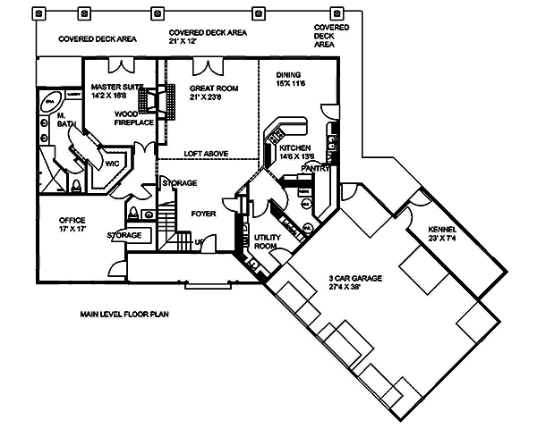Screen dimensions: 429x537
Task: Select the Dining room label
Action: pyautogui.click(x=288, y=75)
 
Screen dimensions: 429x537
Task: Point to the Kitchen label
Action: pyautogui.click(x=294, y=147)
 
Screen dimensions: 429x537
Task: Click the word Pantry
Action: pyautogui.click(x=317, y=167)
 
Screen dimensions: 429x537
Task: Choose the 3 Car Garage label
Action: pyautogui.click(x=355, y=279)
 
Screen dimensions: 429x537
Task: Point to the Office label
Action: pyautogui.click(x=72, y=220)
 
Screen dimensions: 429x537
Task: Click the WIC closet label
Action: pyautogui.click(x=112, y=164)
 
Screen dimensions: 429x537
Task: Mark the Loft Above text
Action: pyautogui.click(x=205, y=154)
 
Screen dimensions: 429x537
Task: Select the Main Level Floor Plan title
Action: pyautogui.click(x=123, y=315)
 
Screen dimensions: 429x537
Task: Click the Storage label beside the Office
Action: pyautogui.click(x=124, y=235)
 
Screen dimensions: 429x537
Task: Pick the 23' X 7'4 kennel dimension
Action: pyautogui.click(x=444, y=238)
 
